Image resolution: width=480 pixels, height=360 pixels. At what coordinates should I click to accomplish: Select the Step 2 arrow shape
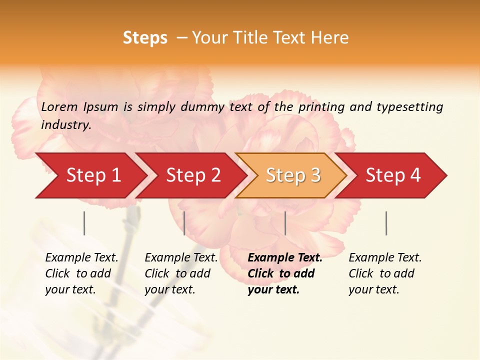pyautogui.click(x=192, y=175)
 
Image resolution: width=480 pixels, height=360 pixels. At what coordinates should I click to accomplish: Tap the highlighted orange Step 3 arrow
pyautogui.click(x=292, y=175)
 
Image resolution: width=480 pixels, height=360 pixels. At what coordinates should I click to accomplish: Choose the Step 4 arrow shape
pyautogui.click(x=392, y=175)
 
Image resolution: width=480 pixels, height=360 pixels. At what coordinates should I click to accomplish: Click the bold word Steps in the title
pyautogui.click(x=145, y=38)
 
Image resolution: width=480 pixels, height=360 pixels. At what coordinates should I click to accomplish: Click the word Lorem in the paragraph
pyautogui.click(x=59, y=106)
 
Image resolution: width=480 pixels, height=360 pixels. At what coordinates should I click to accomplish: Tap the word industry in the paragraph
pyautogui.click(x=66, y=125)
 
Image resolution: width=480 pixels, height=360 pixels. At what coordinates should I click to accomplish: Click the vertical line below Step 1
pyautogui.click(x=84, y=223)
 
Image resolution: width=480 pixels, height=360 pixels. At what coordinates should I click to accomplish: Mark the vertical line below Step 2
pyautogui.click(x=184, y=223)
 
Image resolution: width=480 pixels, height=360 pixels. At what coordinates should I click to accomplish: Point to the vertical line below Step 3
pyautogui.click(x=285, y=223)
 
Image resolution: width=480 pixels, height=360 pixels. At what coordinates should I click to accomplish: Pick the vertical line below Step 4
pyautogui.click(x=386, y=223)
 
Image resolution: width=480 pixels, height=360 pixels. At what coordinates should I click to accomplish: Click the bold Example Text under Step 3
pyautogui.click(x=285, y=258)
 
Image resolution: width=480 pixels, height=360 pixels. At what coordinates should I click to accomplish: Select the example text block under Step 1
pyautogui.click(x=81, y=273)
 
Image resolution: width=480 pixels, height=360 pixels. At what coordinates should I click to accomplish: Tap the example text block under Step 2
pyautogui.click(x=181, y=273)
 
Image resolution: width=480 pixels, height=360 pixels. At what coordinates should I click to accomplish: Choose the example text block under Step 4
pyautogui.click(x=385, y=273)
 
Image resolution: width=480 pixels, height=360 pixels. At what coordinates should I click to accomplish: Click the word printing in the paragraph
pyautogui.click(x=321, y=106)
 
